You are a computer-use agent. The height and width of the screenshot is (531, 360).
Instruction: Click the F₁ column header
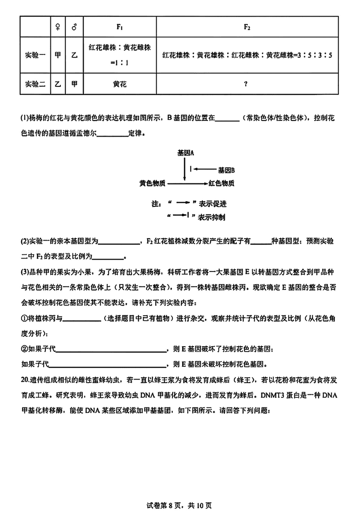click(x=120, y=27)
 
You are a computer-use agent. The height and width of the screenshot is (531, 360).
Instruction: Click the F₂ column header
click(x=247, y=27)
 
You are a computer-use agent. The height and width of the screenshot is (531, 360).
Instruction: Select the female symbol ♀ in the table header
click(x=58, y=27)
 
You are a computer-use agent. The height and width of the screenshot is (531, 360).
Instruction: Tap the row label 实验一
click(x=34, y=55)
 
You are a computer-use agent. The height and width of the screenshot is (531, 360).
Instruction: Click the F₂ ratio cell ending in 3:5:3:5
click(x=247, y=55)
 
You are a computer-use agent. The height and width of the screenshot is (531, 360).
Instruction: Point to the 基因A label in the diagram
click(x=185, y=152)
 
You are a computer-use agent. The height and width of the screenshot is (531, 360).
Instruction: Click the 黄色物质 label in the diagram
click(x=153, y=183)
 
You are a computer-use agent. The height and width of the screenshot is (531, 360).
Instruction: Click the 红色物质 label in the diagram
click(x=220, y=183)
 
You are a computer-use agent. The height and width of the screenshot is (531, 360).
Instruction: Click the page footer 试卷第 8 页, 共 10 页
click(x=180, y=505)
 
